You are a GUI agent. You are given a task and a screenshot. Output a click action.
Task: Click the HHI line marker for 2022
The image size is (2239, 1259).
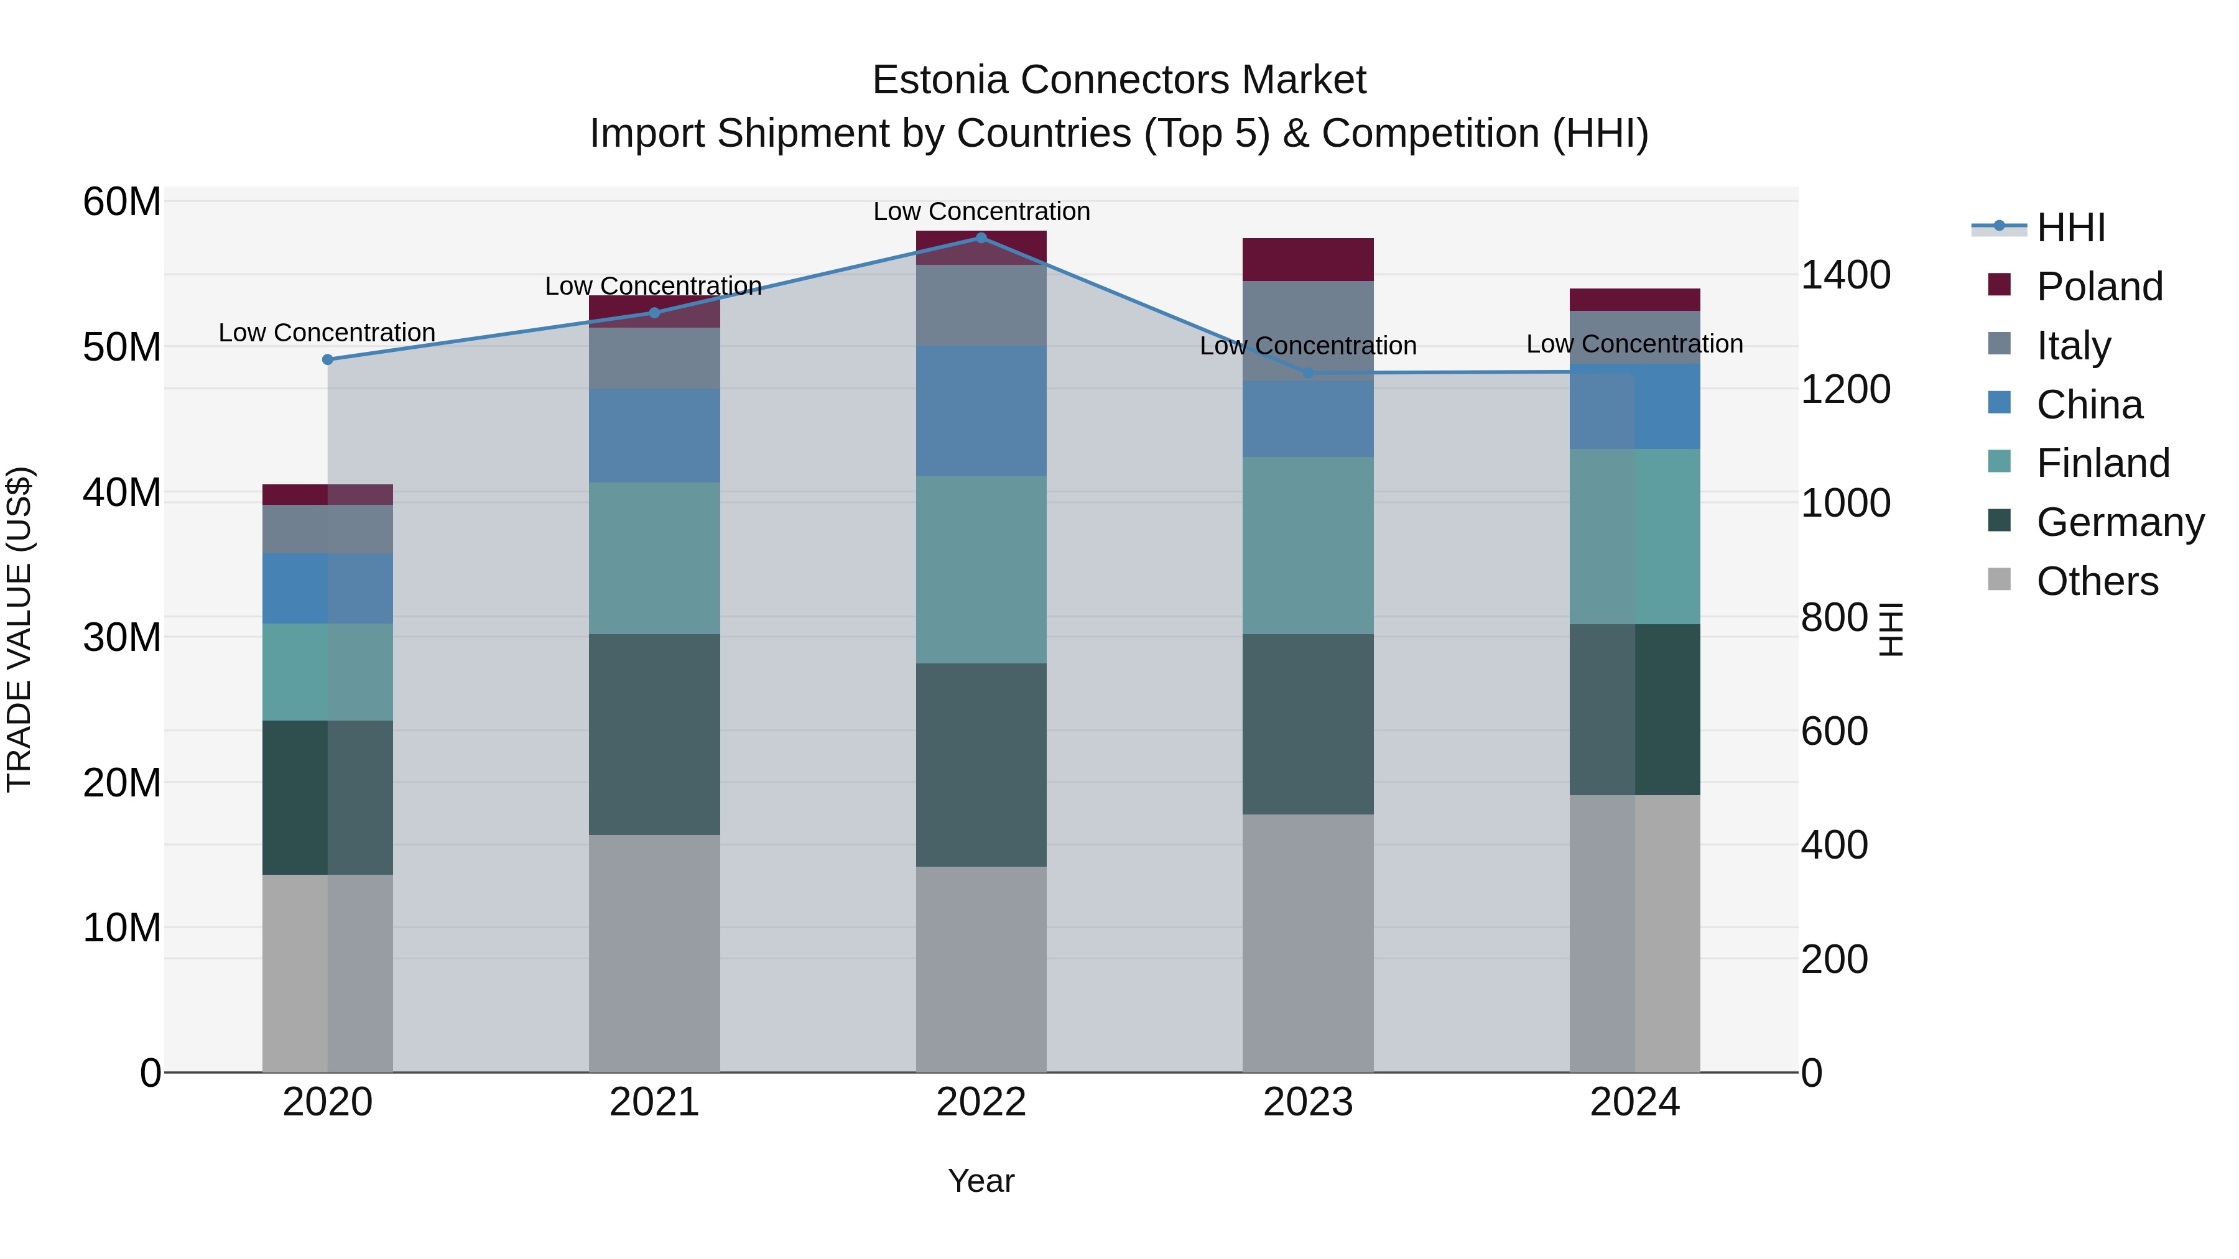point(981,238)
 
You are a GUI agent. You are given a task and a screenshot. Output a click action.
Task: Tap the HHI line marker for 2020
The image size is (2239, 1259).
point(328,360)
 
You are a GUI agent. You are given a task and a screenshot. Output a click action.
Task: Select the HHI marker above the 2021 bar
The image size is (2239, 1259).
point(654,313)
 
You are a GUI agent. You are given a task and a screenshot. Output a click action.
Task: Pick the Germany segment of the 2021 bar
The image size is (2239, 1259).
point(654,734)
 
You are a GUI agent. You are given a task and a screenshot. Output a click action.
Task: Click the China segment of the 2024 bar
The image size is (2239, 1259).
point(1635,407)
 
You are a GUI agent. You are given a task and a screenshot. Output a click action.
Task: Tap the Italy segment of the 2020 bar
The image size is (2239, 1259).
point(328,529)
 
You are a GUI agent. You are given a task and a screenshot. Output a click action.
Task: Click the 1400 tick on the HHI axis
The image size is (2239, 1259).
point(1845,275)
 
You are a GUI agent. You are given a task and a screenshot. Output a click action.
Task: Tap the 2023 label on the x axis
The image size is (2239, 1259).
point(1307,1102)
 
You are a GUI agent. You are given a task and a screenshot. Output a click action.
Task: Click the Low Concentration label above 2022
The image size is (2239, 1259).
point(981,211)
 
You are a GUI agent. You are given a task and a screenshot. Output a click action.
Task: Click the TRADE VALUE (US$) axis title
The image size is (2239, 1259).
point(19,629)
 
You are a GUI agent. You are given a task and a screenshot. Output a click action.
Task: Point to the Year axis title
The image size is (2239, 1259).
point(981,1181)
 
